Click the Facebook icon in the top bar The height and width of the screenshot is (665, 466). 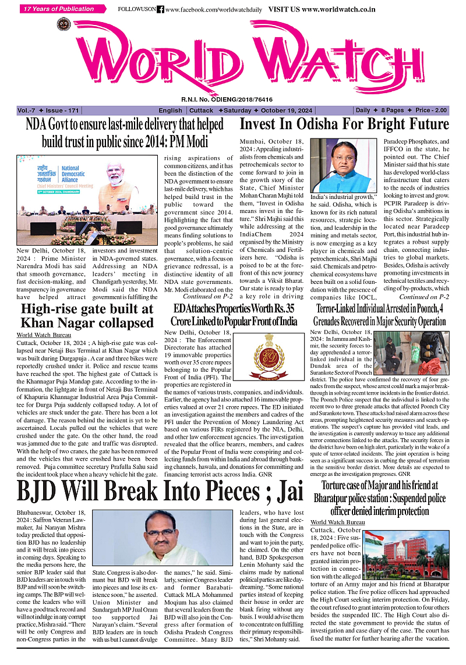160,9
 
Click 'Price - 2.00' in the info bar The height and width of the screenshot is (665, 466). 432,111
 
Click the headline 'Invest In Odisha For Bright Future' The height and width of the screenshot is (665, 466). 344,124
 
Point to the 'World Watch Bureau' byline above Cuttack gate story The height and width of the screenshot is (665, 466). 44,335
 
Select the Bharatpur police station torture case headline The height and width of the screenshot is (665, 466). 380,498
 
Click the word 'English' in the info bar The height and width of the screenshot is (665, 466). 170,111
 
